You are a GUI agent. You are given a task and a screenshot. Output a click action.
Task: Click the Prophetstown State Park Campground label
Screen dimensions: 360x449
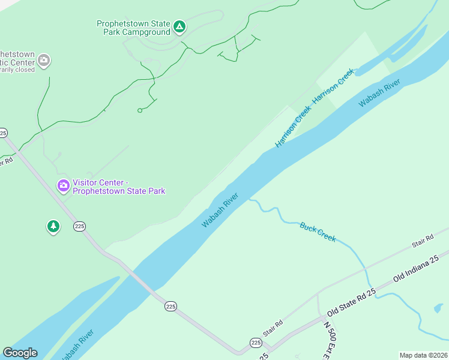133,28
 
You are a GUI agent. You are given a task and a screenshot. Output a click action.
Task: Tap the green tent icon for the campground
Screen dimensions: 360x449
179,26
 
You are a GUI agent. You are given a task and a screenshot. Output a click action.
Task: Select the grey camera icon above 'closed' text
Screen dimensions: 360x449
43,60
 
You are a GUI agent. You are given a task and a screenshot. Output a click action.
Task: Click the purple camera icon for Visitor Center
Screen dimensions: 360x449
63,186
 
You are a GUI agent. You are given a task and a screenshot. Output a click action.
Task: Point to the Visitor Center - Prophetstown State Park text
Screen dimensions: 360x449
119,187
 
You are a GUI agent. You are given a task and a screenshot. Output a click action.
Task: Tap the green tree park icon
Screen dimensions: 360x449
53,226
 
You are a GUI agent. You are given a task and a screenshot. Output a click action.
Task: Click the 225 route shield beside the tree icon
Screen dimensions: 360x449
80,226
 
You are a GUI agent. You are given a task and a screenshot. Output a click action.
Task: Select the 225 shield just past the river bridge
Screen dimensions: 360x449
170,306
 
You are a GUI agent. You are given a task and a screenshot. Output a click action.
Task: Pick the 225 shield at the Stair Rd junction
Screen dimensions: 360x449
256,343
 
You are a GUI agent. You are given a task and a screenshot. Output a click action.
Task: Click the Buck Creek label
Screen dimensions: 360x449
318,232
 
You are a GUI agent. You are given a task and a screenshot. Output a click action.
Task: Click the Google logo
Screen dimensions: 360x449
20,353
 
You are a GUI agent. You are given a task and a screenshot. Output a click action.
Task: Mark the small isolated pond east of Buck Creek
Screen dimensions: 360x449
439,308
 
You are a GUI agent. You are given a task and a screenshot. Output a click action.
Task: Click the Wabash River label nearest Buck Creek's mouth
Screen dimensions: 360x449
220,210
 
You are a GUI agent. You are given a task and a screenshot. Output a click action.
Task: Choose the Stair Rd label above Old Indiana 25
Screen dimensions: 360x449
422,241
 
